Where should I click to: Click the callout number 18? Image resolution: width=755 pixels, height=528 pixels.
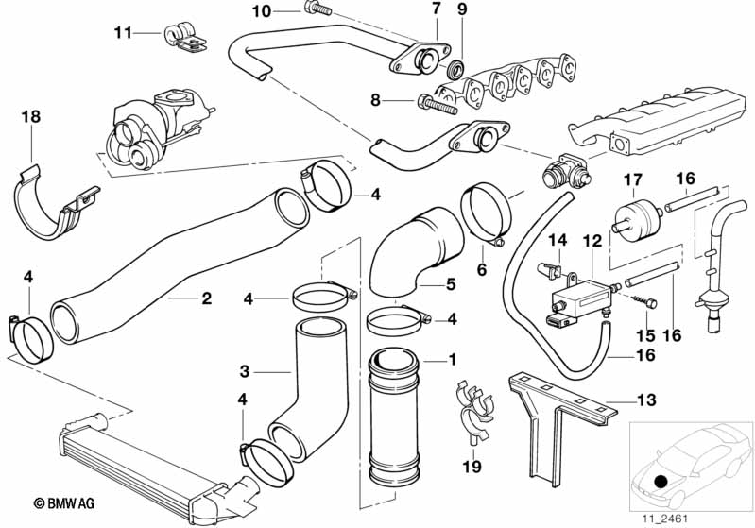point(31,117)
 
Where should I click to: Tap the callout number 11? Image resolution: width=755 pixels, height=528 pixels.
point(123,33)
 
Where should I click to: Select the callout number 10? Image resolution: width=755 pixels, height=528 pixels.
point(262,11)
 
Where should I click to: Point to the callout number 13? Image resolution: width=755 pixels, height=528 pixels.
point(646,400)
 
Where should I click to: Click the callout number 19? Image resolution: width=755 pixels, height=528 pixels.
point(472,466)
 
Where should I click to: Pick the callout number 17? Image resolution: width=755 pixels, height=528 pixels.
point(633,180)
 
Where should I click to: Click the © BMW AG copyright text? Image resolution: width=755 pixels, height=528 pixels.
point(64,503)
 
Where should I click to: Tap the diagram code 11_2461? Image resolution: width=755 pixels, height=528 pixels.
point(664,519)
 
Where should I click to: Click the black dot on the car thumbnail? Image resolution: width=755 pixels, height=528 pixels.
point(661,481)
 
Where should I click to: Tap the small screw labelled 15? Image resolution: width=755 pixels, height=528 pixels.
point(644,301)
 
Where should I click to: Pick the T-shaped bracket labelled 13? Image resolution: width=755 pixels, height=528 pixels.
point(561,417)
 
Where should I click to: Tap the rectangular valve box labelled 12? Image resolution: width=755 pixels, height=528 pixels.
point(581,298)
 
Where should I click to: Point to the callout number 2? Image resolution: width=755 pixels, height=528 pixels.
point(207,298)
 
